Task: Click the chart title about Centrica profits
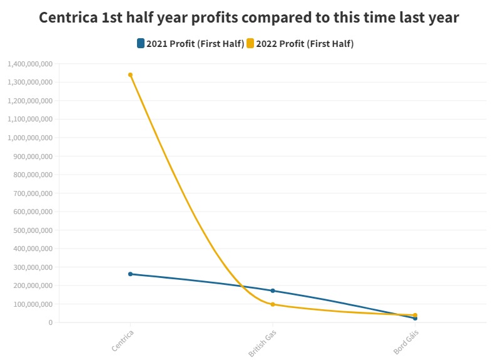tap(249, 17)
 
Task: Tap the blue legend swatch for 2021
tap(141, 43)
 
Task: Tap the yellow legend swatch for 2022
tap(250, 43)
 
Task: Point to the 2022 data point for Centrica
tap(130, 75)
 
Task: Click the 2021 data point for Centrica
tap(130, 274)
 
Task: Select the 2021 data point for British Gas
tap(273, 291)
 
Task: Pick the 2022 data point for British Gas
tap(273, 304)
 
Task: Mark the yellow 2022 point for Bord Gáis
tap(415, 315)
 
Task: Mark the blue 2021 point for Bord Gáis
tap(415, 319)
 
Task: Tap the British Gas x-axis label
tap(262, 342)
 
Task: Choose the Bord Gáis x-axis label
tap(406, 342)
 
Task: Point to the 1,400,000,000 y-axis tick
tap(29, 64)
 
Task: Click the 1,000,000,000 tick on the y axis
tap(29, 138)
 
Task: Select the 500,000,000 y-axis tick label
tap(32, 230)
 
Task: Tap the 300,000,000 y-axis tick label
tap(32, 267)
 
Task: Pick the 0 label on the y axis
tap(49, 322)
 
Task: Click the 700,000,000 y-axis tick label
tap(32, 193)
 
